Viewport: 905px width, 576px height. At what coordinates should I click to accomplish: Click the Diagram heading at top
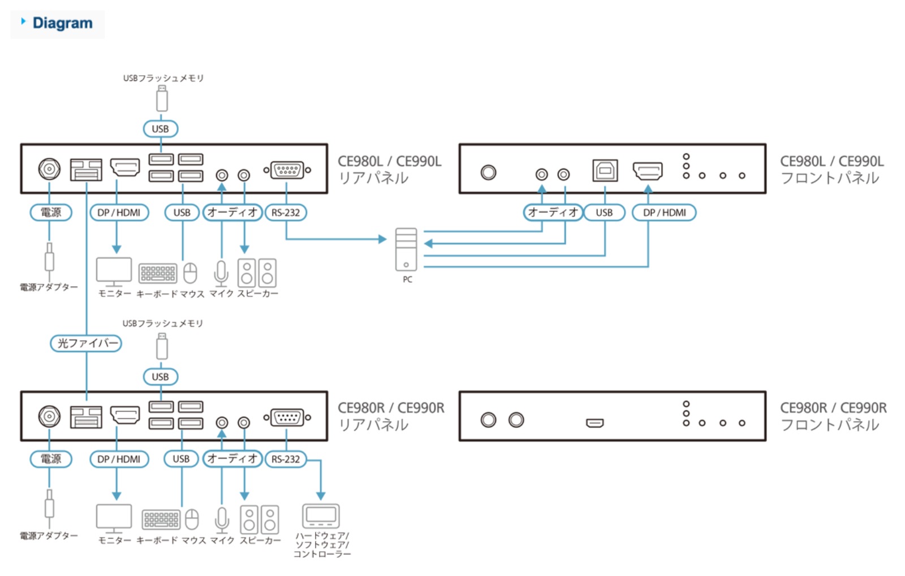coord(62,23)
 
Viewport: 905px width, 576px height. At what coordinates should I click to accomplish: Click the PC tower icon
coord(406,249)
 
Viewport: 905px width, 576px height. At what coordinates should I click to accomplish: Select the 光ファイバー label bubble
coord(86,343)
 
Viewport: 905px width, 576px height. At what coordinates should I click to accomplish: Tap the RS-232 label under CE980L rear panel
coord(286,213)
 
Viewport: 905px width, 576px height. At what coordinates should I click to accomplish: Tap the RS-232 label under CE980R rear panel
coord(286,459)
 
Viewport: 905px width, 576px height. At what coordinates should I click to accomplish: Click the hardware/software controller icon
coord(321,516)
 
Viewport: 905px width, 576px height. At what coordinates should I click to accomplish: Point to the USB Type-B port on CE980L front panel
coord(605,170)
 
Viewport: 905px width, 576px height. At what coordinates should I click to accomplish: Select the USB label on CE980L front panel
coord(604,213)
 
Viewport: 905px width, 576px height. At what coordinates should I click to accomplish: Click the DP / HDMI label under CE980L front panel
coord(664,213)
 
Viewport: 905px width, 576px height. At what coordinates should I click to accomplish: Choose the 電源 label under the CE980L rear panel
coord(50,213)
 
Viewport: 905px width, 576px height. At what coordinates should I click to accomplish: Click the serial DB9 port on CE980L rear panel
coord(287,170)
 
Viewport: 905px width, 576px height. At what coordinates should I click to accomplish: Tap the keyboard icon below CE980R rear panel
coord(161,519)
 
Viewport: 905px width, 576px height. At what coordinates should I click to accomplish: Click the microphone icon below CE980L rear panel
coord(221,274)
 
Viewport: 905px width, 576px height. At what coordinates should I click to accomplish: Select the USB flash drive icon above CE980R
coord(162,347)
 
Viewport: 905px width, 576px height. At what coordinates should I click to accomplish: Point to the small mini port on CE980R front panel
coord(594,423)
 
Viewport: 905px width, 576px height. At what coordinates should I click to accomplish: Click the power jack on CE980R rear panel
coord(49,417)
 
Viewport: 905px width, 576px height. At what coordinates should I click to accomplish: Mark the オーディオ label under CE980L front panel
coord(553,213)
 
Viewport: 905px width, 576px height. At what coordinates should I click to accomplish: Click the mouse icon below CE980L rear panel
coord(190,273)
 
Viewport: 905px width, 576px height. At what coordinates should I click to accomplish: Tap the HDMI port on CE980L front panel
coord(648,170)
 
